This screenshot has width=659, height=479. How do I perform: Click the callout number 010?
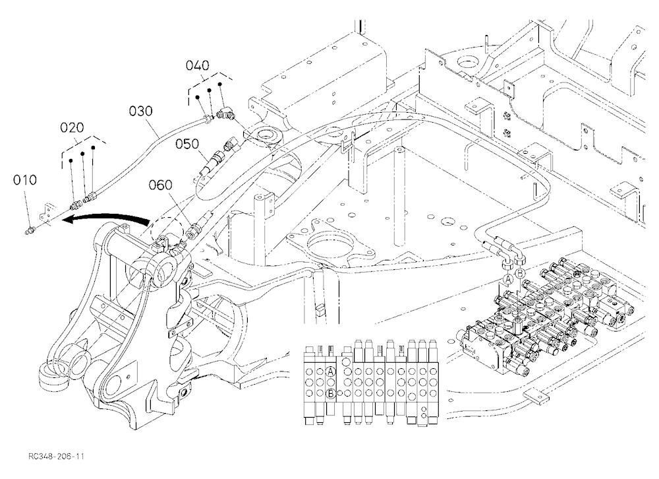(25, 180)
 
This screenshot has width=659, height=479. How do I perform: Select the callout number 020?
(72, 127)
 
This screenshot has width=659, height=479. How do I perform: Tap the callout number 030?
(141, 111)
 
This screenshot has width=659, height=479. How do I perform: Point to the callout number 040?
(198, 66)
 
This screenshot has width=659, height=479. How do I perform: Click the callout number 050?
(187, 144)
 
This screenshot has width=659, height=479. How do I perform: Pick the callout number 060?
(161, 185)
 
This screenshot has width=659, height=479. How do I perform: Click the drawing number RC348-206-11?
(57, 457)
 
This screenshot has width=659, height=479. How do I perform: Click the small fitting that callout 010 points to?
(30, 230)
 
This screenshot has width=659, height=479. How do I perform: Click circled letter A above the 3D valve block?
(509, 278)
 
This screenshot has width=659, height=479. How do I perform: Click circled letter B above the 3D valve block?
(521, 272)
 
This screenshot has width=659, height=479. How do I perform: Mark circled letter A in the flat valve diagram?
(331, 371)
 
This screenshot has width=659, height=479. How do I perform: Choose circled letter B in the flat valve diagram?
(331, 393)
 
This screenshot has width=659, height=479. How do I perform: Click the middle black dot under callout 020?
(83, 154)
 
